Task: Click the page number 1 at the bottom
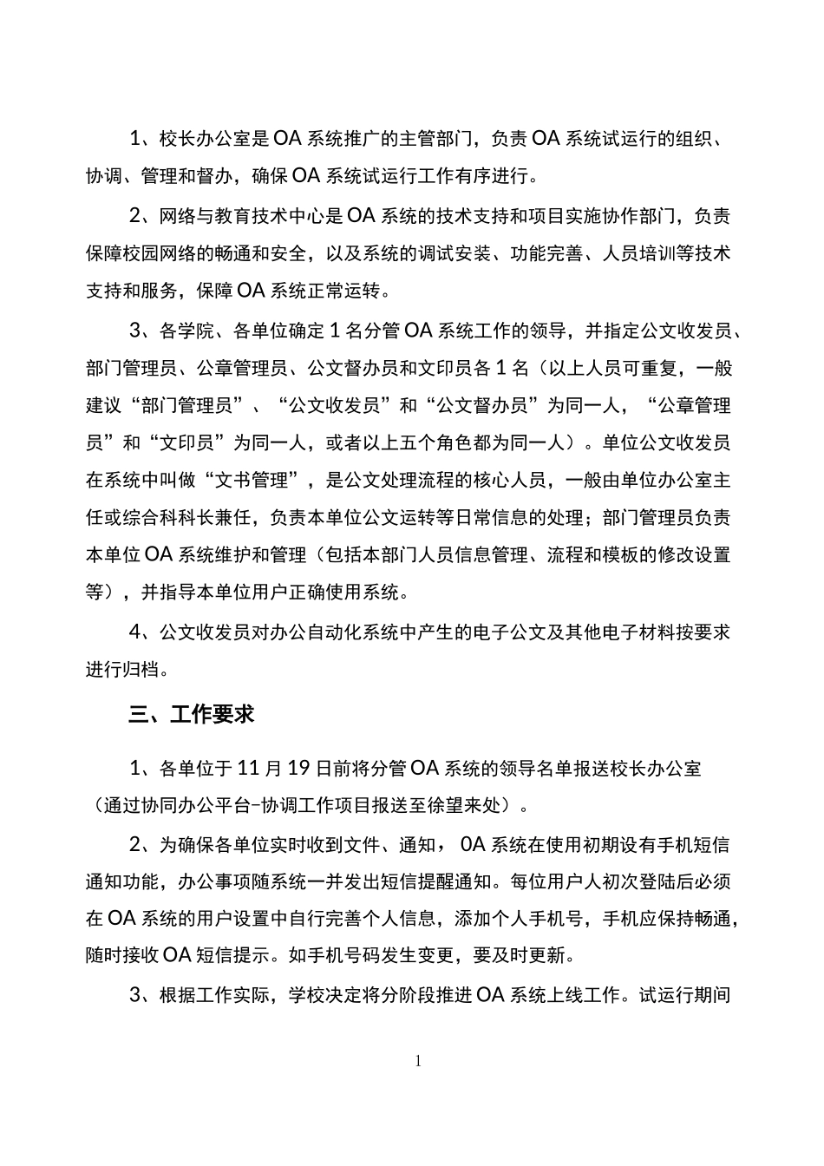419,1060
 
